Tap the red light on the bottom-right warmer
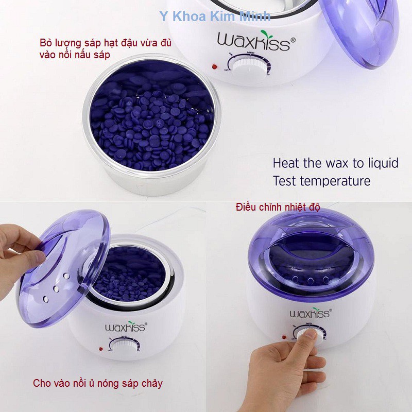[284, 337]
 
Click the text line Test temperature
[321, 181]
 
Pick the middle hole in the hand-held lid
[56, 288]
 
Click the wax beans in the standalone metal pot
[149, 124]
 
